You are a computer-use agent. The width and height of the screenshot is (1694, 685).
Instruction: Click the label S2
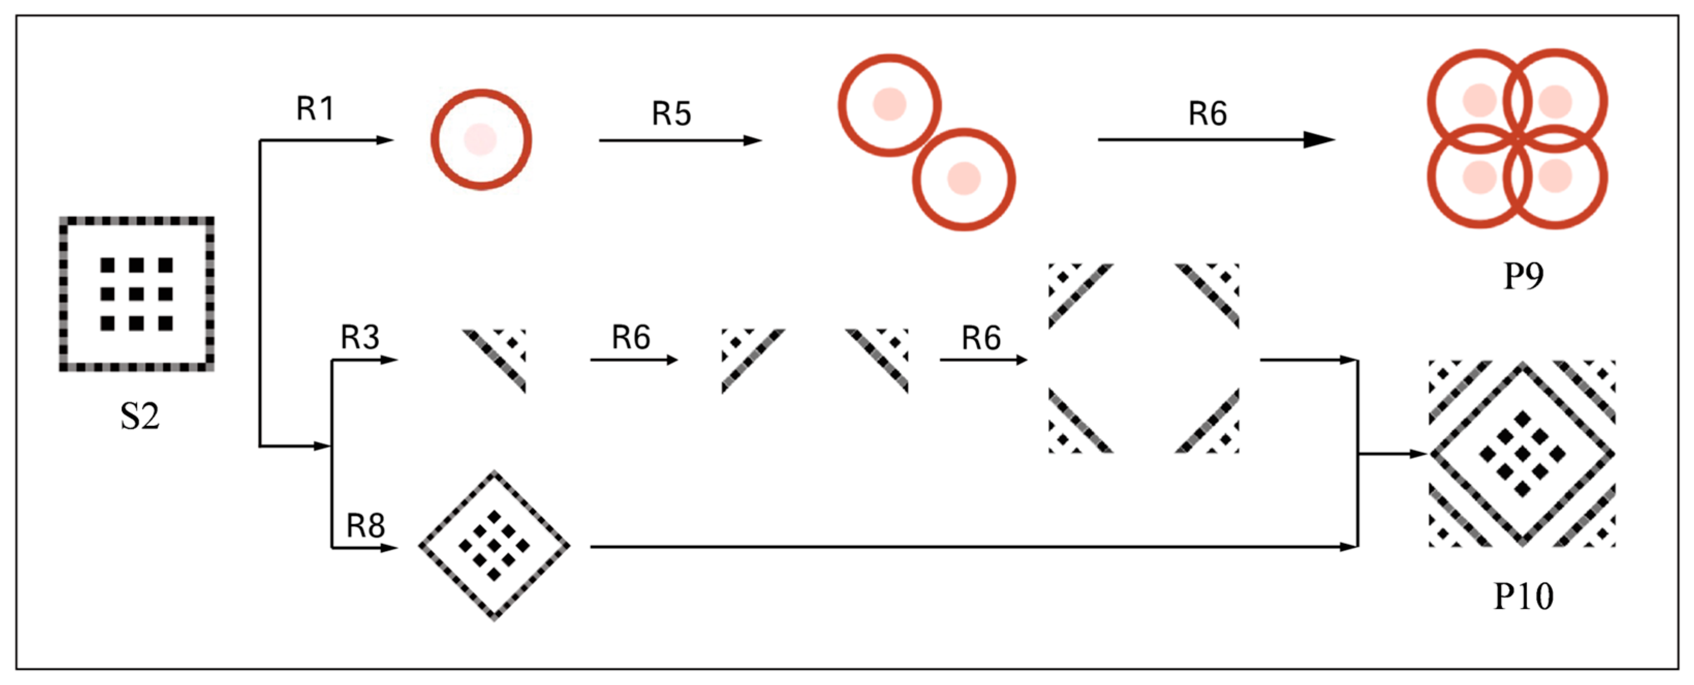(139, 417)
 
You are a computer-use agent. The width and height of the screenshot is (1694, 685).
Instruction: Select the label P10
(1523, 597)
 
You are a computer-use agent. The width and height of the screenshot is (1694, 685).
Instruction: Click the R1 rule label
(316, 109)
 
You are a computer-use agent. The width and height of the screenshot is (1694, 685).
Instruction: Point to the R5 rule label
(671, 113)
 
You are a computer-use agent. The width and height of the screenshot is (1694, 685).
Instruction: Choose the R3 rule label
(359, 338)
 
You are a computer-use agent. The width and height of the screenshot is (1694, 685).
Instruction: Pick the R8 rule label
(366, 526)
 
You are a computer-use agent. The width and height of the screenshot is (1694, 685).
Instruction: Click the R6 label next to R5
(1207, 113)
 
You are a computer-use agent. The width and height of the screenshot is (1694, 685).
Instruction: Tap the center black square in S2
(137, 294)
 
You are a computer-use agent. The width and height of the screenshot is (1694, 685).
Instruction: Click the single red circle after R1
(481, 140)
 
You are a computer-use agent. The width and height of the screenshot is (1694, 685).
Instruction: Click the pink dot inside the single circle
(481, 140)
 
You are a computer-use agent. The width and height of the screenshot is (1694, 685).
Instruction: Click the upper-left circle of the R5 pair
(889, 105)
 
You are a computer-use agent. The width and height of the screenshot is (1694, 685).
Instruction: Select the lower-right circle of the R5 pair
(963, 179)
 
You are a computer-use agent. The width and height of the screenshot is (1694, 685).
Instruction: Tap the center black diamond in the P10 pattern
(1523, 454)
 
